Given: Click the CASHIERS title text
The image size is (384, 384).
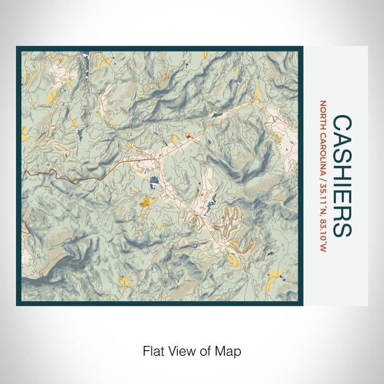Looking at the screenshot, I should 343,175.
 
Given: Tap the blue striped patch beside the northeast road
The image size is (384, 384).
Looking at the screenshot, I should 217,114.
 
